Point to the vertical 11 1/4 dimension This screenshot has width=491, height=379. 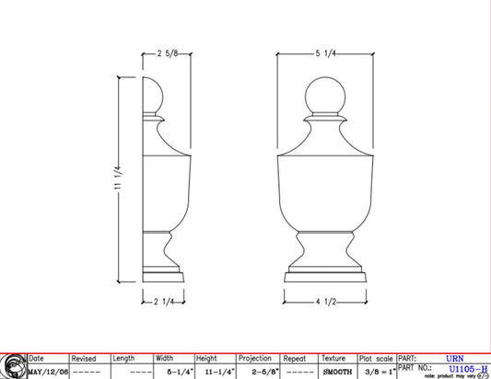pyautogui.click(x=117, y=179)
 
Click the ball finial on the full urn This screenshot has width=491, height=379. pyautogui.click(x=325, y=97)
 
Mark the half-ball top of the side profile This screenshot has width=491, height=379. pyautogui.click(x=153, y=98)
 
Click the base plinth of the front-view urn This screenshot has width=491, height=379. pyautogui.click(x=326, y=276)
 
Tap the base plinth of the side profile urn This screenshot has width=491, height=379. pyautogui.click(x=164, y=276)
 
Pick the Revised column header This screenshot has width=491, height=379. pyautogui.click(x=84, y=359)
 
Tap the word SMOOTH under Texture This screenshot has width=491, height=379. pyautogui.click(x=337, y=372)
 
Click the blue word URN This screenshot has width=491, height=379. pyautogui.click(x=455, y=359)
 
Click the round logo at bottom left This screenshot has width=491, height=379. pyautogui.click(x=12, y=366)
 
